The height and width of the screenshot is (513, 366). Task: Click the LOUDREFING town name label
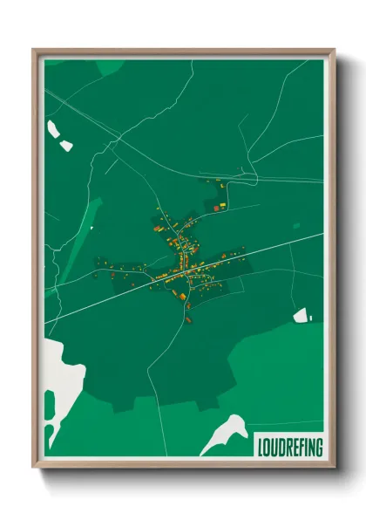pyautogui.click(x=289, y=448)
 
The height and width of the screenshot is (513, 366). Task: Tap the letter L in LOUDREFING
pyautogui.click(x=261, y=448)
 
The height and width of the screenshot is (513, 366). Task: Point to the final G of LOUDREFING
pyautogui.click(x=318, y=448)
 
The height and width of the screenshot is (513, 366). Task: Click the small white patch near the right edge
pyautogui.click(x=301, y=315)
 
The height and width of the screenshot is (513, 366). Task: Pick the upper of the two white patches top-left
pyautogui.click(x=53, y=129)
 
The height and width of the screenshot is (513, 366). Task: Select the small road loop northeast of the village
pyautogui.click(x=247, y=174)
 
